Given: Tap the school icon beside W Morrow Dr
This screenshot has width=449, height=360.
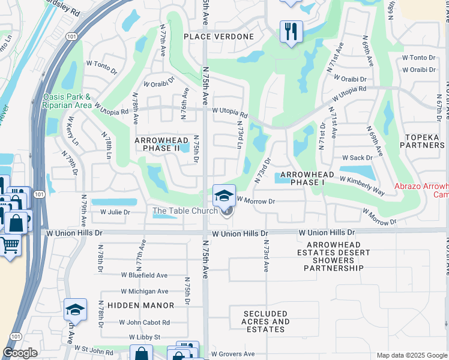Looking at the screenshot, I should (224, 195).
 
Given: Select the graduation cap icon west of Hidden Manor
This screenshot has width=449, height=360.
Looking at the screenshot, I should (76, 309).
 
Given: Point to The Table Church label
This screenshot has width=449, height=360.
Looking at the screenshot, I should (185, 211).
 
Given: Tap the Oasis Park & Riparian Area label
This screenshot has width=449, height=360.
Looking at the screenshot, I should (67, 101).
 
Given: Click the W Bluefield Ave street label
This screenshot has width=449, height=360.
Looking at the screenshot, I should (144, 275).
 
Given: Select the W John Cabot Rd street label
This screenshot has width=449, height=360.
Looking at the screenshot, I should (144, 322).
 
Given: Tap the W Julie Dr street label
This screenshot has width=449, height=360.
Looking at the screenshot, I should (115, 212).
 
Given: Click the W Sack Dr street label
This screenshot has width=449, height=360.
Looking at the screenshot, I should (357, 158).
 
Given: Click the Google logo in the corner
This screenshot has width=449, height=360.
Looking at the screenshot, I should (20, 353).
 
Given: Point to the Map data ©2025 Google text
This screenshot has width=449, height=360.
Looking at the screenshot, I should (411, 355).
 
